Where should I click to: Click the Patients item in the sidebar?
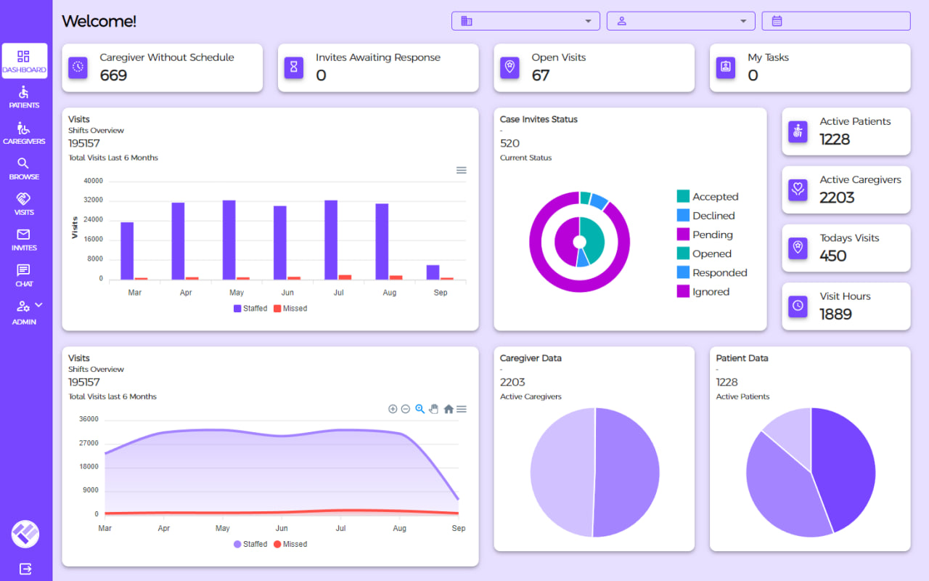pos(24,97)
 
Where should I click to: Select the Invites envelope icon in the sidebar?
pos(23,235)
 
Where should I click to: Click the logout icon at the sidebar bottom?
pos(25,569)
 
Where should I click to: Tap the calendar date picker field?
pos(835,21)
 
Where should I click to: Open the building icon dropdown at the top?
pos(525,21)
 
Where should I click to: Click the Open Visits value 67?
pos(540,76)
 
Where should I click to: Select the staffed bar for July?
pos(331,240)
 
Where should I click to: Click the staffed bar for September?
pos(433,272)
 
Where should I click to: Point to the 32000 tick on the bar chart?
pos(93,200)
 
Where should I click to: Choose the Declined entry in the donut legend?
pos(713,216)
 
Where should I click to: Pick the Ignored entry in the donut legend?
pos(710,292)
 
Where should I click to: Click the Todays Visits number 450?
pos(833,256)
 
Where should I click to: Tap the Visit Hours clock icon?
pos(798,305)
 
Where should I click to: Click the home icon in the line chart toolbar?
pos(449,409)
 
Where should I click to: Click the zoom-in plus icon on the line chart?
pos(393,409)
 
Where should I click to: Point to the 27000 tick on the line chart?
pos(88,443)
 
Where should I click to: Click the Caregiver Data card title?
pos(531,358)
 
